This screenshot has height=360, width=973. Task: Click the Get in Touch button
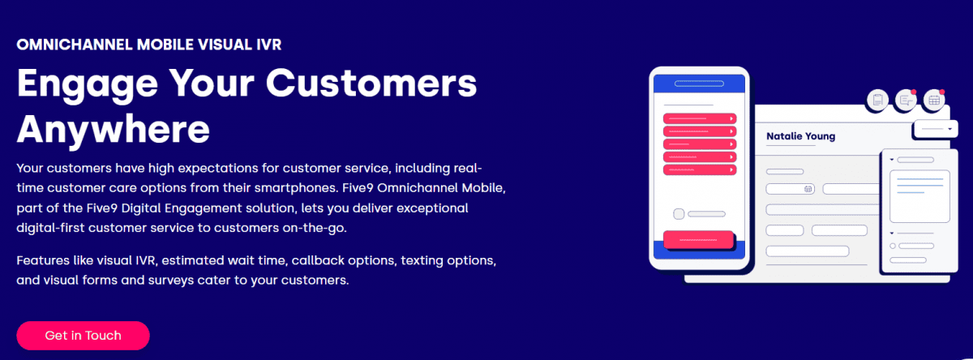[83, 335]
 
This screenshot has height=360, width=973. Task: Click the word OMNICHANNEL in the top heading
[75, 45]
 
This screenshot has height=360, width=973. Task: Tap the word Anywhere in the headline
[114, 130]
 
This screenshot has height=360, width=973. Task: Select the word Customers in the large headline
[371, 83]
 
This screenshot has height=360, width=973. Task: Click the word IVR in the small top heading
[268, 45]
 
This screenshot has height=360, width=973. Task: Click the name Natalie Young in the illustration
[800, 136]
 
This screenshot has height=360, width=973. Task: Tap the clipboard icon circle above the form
[877, 101]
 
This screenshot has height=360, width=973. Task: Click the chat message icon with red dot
[906, 101]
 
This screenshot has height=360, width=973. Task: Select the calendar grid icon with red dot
[934, 101]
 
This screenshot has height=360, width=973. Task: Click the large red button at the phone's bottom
[698, 240]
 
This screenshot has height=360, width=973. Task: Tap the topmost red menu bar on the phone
[699, 118]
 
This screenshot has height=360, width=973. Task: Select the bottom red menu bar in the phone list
[699, 169]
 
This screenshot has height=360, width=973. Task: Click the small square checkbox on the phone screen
[679, 214]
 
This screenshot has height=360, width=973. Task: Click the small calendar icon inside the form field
[808, 189]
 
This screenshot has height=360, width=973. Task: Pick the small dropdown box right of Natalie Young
[936, 129]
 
